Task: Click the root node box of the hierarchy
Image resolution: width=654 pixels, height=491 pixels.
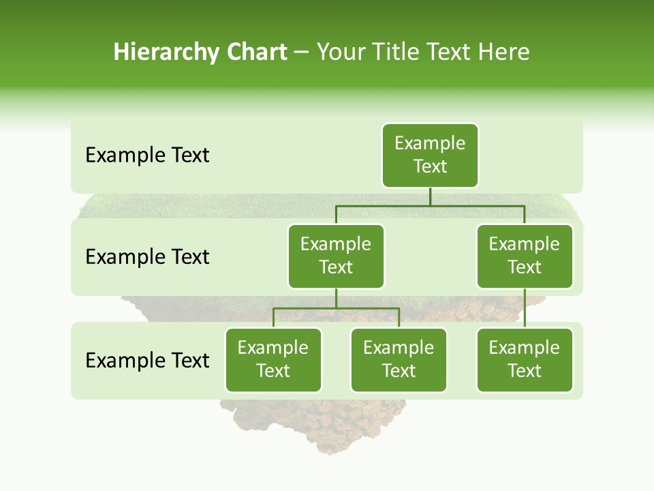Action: (x=430, y=155)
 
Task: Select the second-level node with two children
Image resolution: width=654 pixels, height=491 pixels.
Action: (x=336, y=256)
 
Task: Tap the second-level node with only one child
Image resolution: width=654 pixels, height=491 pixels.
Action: (x=525, y=256)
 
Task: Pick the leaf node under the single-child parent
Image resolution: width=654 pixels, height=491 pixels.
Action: (x=525, y=360)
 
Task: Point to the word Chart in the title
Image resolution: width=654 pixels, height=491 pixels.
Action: (x=256, y=53)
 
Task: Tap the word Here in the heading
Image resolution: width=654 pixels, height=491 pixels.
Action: (x=503, y=53)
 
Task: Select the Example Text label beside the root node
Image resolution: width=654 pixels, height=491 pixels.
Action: (x=147, y=155)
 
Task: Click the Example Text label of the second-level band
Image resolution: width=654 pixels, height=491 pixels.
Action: (x=147, y=257)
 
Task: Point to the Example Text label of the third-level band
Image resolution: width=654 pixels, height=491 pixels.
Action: (x=147, y=361)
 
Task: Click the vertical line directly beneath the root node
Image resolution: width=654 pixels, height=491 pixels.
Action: (x=430, y=196)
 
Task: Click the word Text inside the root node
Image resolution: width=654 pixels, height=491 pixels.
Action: (x=430, y=167)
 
